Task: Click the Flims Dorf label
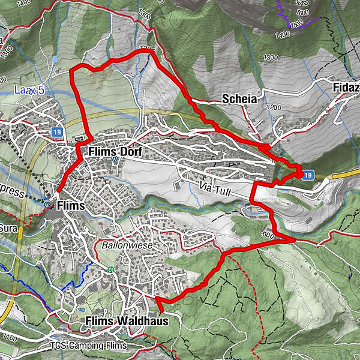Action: tap(115, 152)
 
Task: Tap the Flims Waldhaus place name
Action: tap(127, 321)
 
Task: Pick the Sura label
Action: tap(8, 228)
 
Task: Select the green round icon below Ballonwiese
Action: tap(110, 269)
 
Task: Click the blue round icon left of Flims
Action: tap(47, 204)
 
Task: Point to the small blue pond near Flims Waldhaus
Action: tap(81, 310)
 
